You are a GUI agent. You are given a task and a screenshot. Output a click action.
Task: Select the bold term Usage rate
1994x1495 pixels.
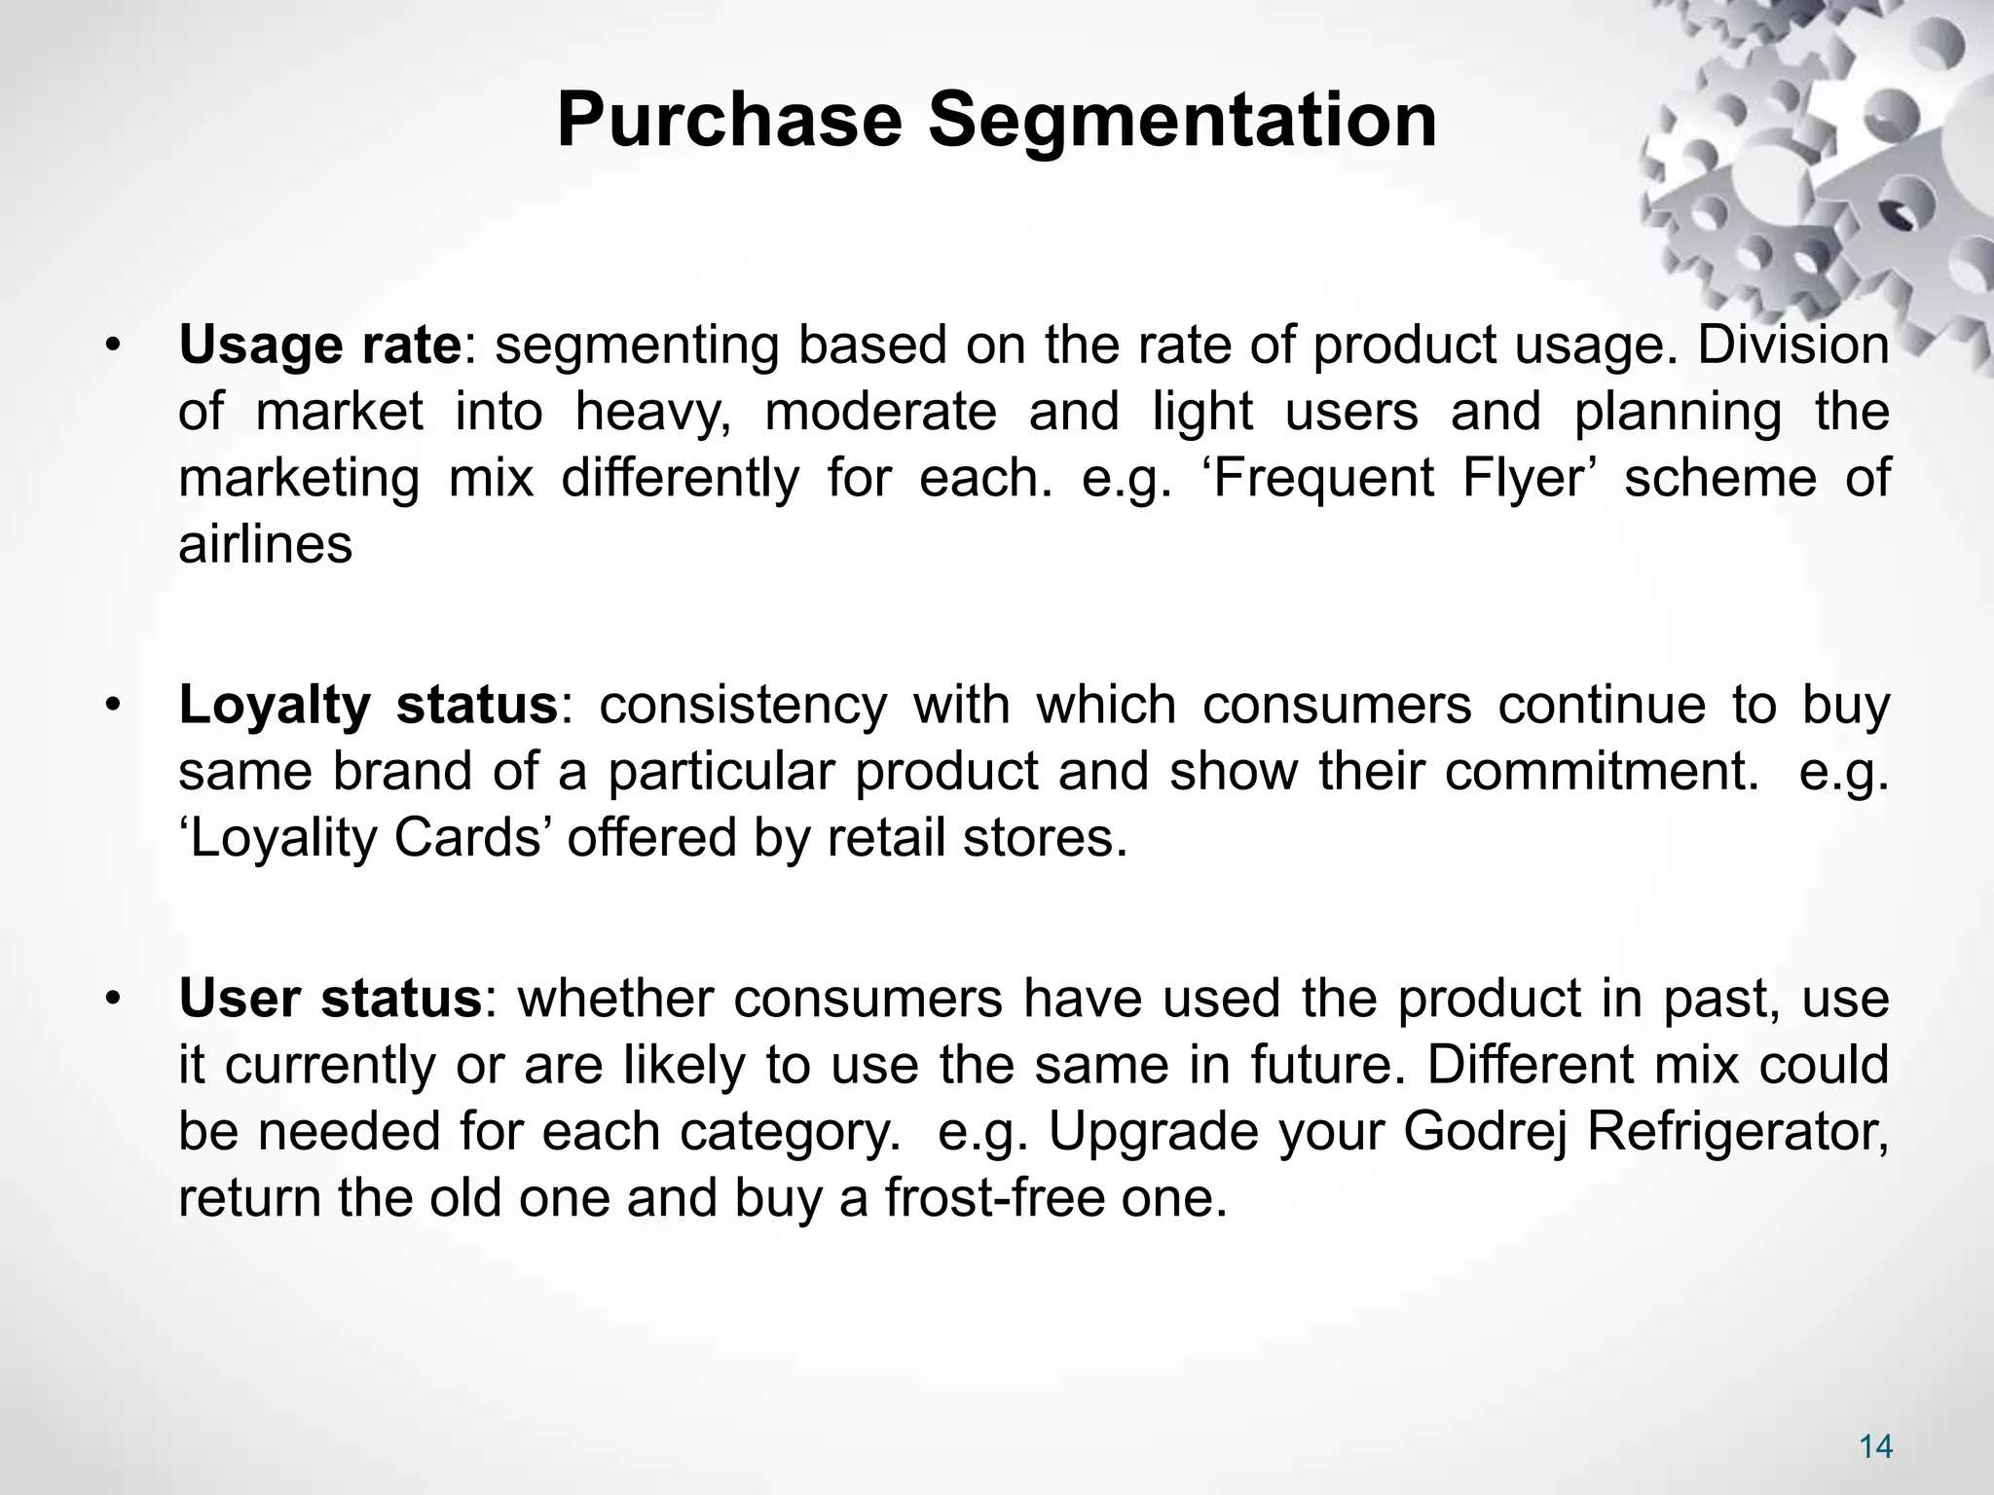pyautogui.click(x=319, y=345)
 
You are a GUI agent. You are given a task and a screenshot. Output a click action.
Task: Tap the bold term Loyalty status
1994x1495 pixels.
pyautogui.click(x=367, y=705)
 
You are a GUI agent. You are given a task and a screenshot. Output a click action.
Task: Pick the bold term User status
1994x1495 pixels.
pyautogui.click(x=330, y=999)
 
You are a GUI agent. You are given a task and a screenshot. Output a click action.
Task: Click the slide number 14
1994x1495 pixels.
pyautogui.click(x=1875, y=1447)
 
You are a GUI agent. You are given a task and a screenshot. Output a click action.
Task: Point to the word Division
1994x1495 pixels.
pyautogui.click(x=1792, y=345)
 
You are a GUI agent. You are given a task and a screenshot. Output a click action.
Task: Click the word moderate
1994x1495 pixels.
pyautogui.click(x=880, y=411)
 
